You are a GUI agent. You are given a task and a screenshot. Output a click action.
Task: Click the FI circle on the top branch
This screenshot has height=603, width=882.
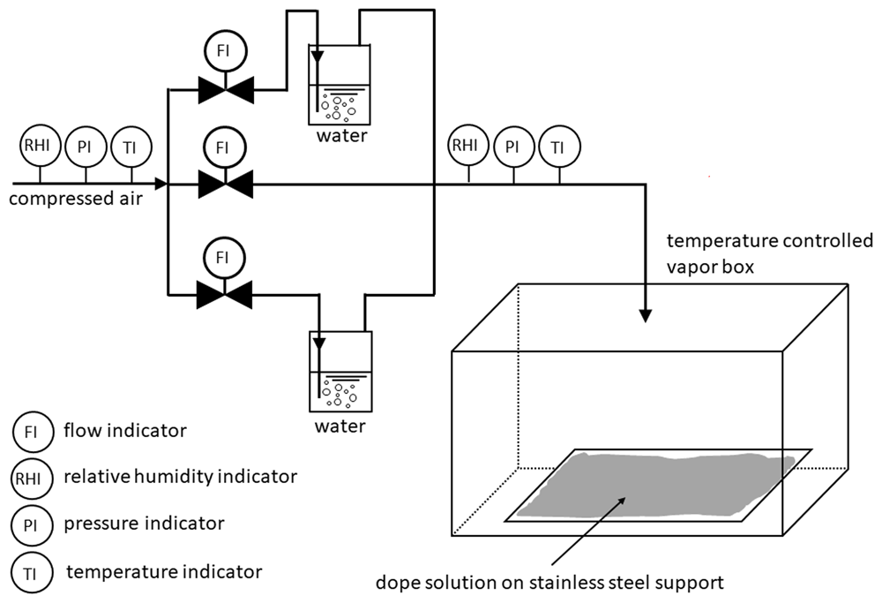(x=224, y=50)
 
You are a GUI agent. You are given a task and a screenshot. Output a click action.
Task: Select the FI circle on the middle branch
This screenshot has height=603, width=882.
(x=224, y=147)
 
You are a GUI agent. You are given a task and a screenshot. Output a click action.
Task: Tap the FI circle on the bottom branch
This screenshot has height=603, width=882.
(x=224, y=257)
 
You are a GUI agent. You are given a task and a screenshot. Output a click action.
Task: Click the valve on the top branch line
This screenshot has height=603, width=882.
(x=226, y=90)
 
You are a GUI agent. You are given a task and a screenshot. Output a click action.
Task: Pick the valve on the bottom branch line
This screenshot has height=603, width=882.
(x=224, y=295)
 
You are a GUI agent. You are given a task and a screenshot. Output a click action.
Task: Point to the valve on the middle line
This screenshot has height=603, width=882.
(x=225, y=185)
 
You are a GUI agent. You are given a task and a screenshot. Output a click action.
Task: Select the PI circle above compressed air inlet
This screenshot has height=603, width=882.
(x=86, y=147)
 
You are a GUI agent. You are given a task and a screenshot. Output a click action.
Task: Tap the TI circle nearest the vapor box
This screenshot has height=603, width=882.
(x=559, y=147)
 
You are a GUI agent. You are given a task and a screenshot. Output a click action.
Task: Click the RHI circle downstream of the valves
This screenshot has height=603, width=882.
(x=469, y=146)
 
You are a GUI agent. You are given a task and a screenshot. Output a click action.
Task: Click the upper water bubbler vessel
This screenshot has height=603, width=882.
(x=340, y=85)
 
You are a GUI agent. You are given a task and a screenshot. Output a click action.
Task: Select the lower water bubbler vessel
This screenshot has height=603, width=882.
(x=340, y=371)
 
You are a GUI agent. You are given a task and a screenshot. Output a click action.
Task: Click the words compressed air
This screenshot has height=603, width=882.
(x=75, y=199)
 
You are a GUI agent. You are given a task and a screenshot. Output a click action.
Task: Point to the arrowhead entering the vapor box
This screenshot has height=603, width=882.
(x=646, y=316)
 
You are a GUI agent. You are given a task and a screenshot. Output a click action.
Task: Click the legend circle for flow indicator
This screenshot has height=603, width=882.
(x=33, y=432)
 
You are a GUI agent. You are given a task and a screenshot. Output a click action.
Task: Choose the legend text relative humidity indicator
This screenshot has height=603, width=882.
(x=180, y=477)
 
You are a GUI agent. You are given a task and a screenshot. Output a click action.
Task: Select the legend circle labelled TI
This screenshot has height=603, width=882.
(x=32, y=573)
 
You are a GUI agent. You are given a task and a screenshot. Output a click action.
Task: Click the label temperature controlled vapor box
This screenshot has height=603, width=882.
(x=769, y=253)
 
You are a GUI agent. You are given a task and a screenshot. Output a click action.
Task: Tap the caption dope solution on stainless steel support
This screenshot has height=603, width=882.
(x=549, y=582)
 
